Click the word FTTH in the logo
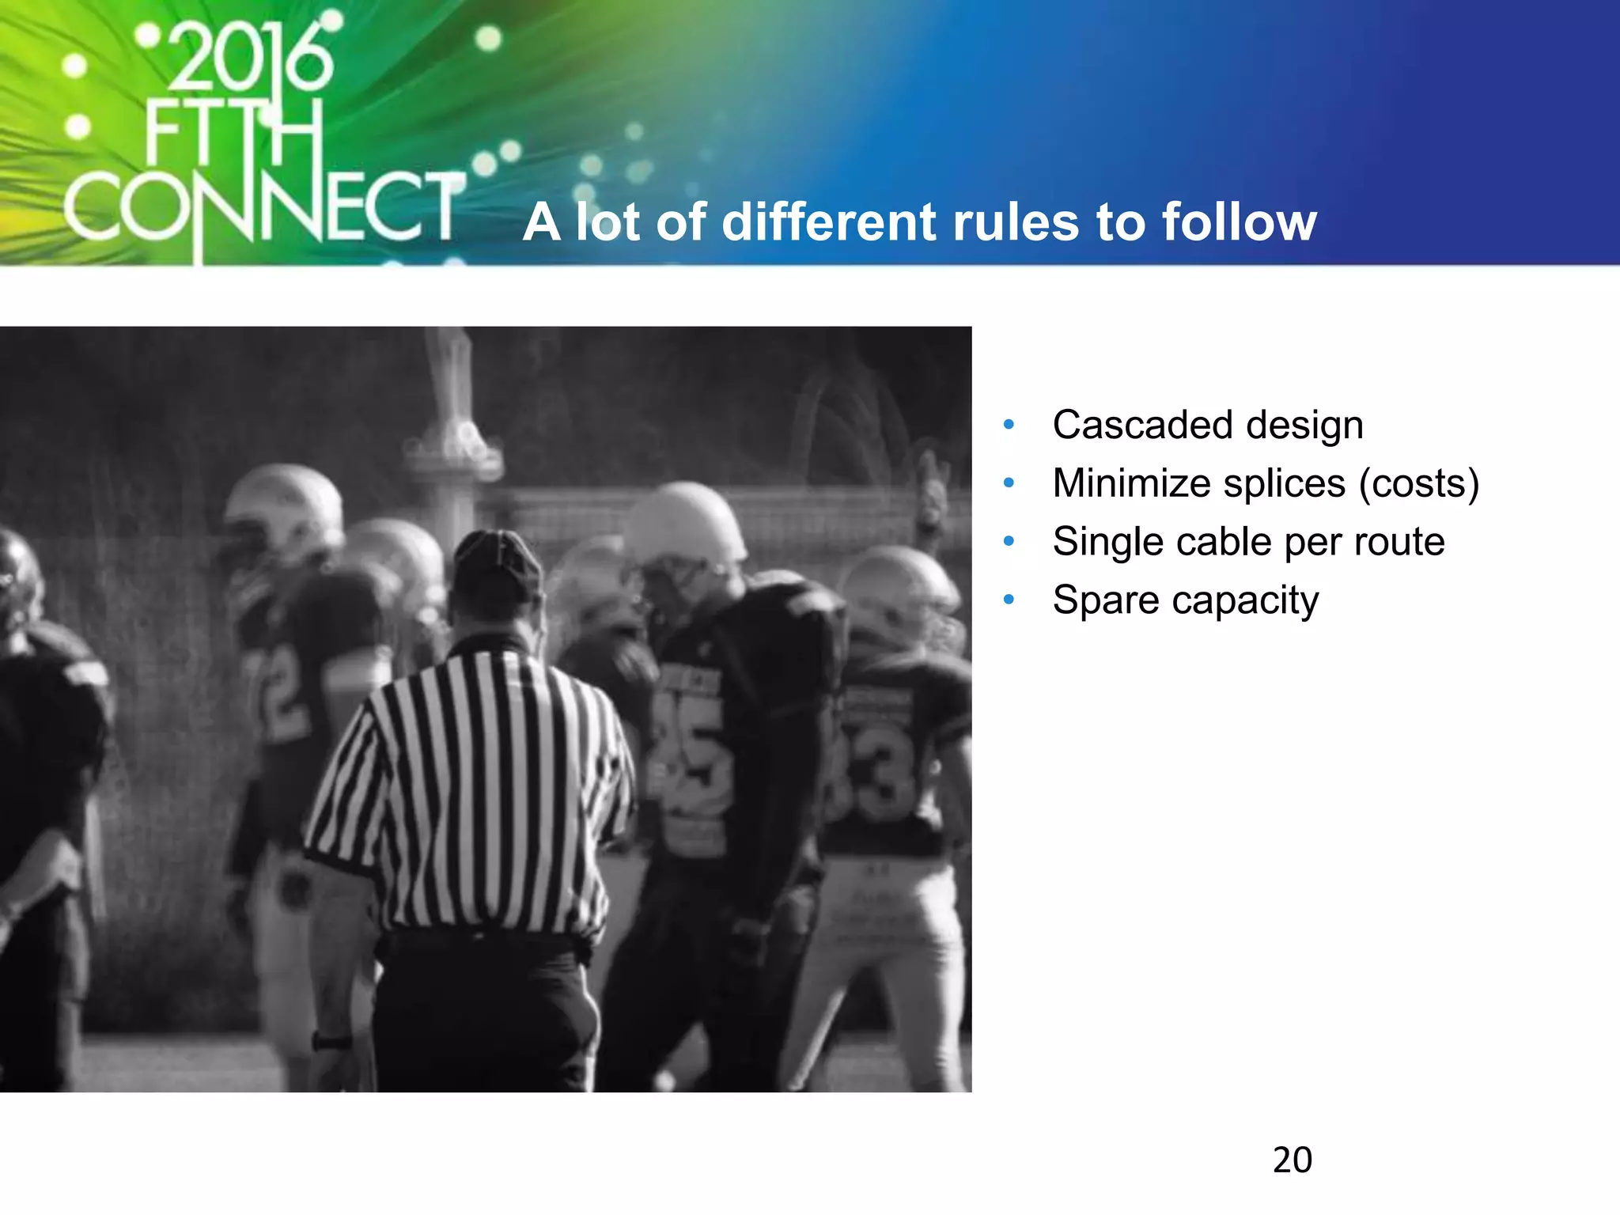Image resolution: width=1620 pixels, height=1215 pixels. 234,134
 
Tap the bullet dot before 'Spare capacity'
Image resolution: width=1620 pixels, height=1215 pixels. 1009,600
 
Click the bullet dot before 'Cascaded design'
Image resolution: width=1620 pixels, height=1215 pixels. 1009,425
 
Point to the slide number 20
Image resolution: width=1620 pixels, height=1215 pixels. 1292,1160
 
